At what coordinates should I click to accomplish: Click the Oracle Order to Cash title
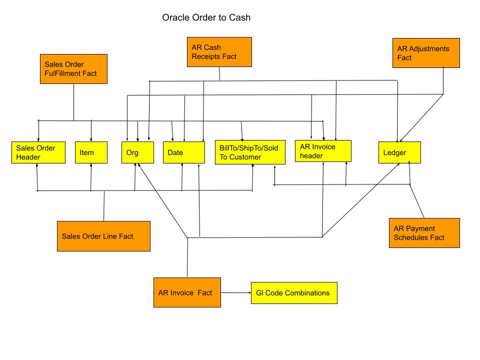point(206,18)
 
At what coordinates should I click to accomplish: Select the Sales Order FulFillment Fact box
point(73,69)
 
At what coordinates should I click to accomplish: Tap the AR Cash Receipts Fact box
point(219,52)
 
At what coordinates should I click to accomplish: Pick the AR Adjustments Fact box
point(426,53)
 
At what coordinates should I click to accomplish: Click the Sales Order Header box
point(38,152)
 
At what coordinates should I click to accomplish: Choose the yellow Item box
point(91,152)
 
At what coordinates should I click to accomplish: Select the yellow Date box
point(184,152)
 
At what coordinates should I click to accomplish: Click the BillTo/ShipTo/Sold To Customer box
point(250,152)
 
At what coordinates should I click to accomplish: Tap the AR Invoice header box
point(323,151)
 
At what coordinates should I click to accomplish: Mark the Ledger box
point(399,152)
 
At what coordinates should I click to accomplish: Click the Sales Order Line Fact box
point(103,236)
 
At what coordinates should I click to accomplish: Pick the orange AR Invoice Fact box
point(186,292)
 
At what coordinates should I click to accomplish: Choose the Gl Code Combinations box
point(294,293)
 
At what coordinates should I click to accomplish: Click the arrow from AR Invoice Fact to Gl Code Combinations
point(235,293)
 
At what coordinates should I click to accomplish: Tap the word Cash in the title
point(240,18)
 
